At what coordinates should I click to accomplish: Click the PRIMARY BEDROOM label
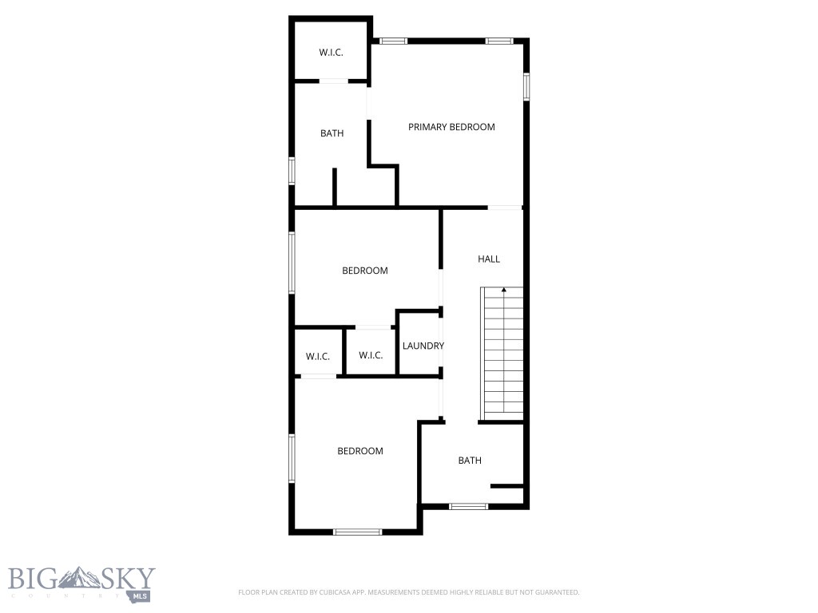(451, 127)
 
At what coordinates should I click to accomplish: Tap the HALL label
(489, 259)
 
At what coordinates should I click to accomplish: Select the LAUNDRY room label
(423, 346)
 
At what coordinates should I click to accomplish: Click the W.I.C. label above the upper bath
(332, 53)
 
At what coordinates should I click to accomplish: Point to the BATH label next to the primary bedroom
(332, 133)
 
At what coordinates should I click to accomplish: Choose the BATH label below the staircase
(470, 461)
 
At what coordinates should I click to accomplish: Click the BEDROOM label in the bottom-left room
(359, 451)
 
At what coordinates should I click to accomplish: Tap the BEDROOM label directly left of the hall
(364, 271)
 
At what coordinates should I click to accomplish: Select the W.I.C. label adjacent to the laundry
(370, 356)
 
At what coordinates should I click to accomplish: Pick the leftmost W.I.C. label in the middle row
(317, 356)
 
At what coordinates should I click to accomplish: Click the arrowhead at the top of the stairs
(503, 291)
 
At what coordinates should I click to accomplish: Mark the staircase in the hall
(502, 355)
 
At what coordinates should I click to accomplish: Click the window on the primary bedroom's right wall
(526, 86)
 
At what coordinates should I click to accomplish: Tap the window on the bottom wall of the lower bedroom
(357, 532)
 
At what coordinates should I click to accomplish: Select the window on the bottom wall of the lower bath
(468, 506)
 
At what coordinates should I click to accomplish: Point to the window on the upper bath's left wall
(292, 171)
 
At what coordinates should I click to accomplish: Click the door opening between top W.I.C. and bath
(334, 81)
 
